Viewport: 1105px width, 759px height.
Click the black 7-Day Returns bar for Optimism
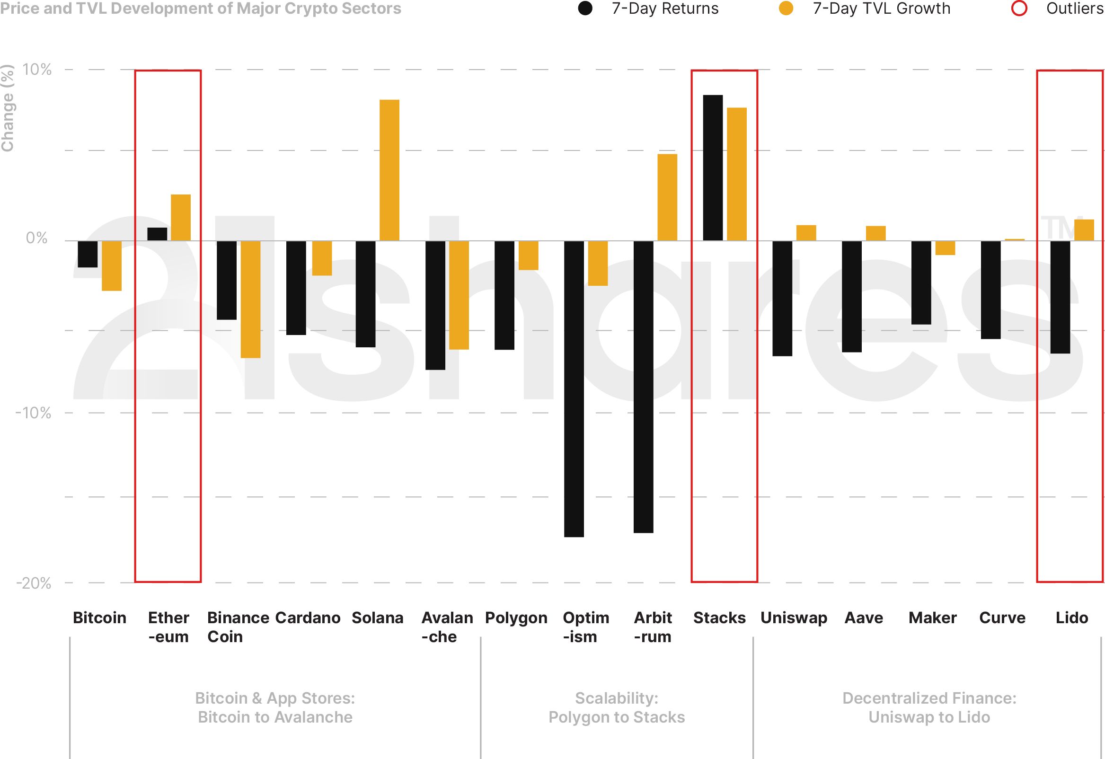click(574, 388)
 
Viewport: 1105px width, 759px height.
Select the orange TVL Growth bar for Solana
click(389, 170)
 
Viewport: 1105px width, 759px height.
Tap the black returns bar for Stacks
click(713, 168)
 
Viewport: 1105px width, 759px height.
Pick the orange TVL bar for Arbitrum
click(667, 197)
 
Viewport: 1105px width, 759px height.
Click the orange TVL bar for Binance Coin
click(250, 299)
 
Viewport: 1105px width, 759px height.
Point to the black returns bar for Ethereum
click(158, 234)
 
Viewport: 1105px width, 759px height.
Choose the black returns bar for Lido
click(1061, 297)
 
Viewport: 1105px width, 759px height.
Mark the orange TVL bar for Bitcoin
click(112, 265)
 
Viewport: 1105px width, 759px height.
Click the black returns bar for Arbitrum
click(643, 387)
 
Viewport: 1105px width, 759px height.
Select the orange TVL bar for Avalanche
click(459, 295)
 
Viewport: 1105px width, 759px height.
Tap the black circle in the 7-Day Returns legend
click(585, 9)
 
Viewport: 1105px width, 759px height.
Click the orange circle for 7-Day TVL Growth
click(786, 9)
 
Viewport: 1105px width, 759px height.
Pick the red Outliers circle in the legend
click(1019, 9)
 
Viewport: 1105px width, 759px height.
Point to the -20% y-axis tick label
click(33, 583)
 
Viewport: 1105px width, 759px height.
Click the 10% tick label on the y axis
click(36, 70)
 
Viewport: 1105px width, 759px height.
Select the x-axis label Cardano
click(308, 618)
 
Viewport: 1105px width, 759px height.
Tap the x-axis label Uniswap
click(794, 618)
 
